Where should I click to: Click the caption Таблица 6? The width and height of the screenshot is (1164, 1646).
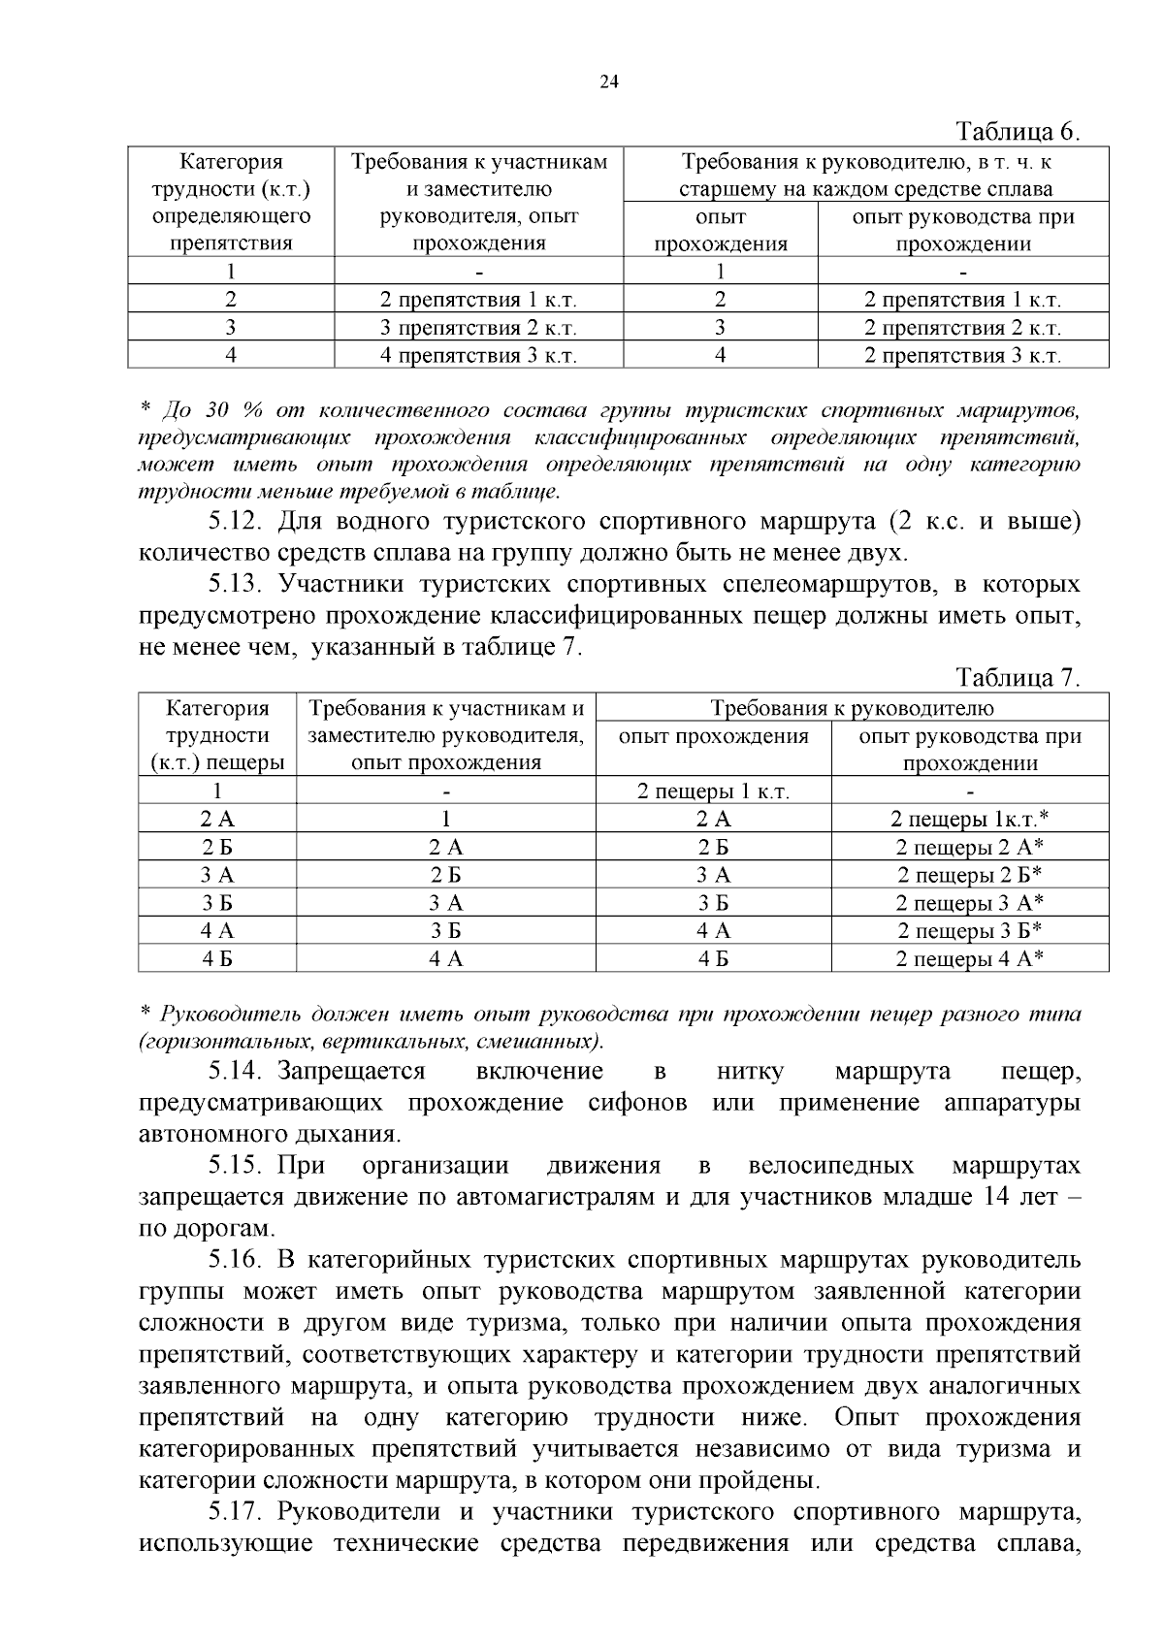(x=1018, y=131)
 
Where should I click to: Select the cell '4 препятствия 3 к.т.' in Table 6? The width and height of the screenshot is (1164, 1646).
(x=478, y=355)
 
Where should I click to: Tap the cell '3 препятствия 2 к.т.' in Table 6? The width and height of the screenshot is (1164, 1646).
(x=478, y=328)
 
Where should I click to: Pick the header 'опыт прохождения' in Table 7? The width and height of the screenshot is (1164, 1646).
(x=713, y=736)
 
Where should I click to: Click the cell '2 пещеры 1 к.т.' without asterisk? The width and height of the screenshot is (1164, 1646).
(x=713, y=791)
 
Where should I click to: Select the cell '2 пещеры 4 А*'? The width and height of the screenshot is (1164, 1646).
(x=969, y=959)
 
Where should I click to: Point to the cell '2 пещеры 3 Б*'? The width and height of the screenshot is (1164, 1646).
(x=969, y=931)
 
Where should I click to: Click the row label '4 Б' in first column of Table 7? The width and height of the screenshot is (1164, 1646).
(x=217, y=959)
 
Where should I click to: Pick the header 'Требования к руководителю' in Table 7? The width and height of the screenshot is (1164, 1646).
(x=852, y=708)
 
